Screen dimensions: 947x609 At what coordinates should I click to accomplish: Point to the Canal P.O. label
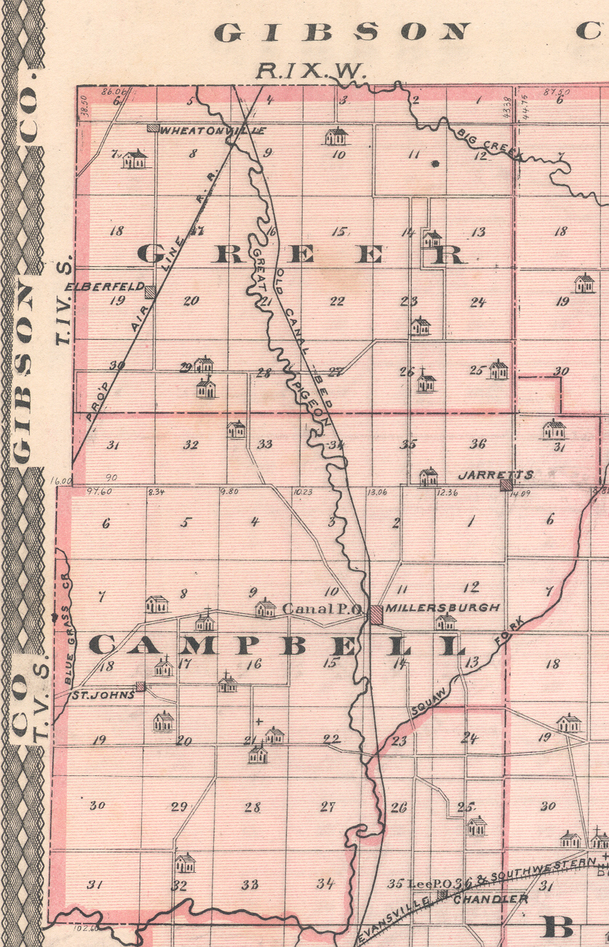coord(322,609)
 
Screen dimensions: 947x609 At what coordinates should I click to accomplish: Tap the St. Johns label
coord(103,695)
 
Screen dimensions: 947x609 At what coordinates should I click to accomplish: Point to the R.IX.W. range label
coord(313,71)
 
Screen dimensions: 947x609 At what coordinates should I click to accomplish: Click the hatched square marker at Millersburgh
coord(376,614)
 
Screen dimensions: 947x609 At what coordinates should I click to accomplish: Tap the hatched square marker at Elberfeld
coord(150,292)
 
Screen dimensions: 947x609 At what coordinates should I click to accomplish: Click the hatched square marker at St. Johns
coord(140,686)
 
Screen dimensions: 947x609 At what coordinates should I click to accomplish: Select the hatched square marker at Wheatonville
coord(152,128)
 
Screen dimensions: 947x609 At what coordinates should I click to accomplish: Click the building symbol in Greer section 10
coord(336,136)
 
